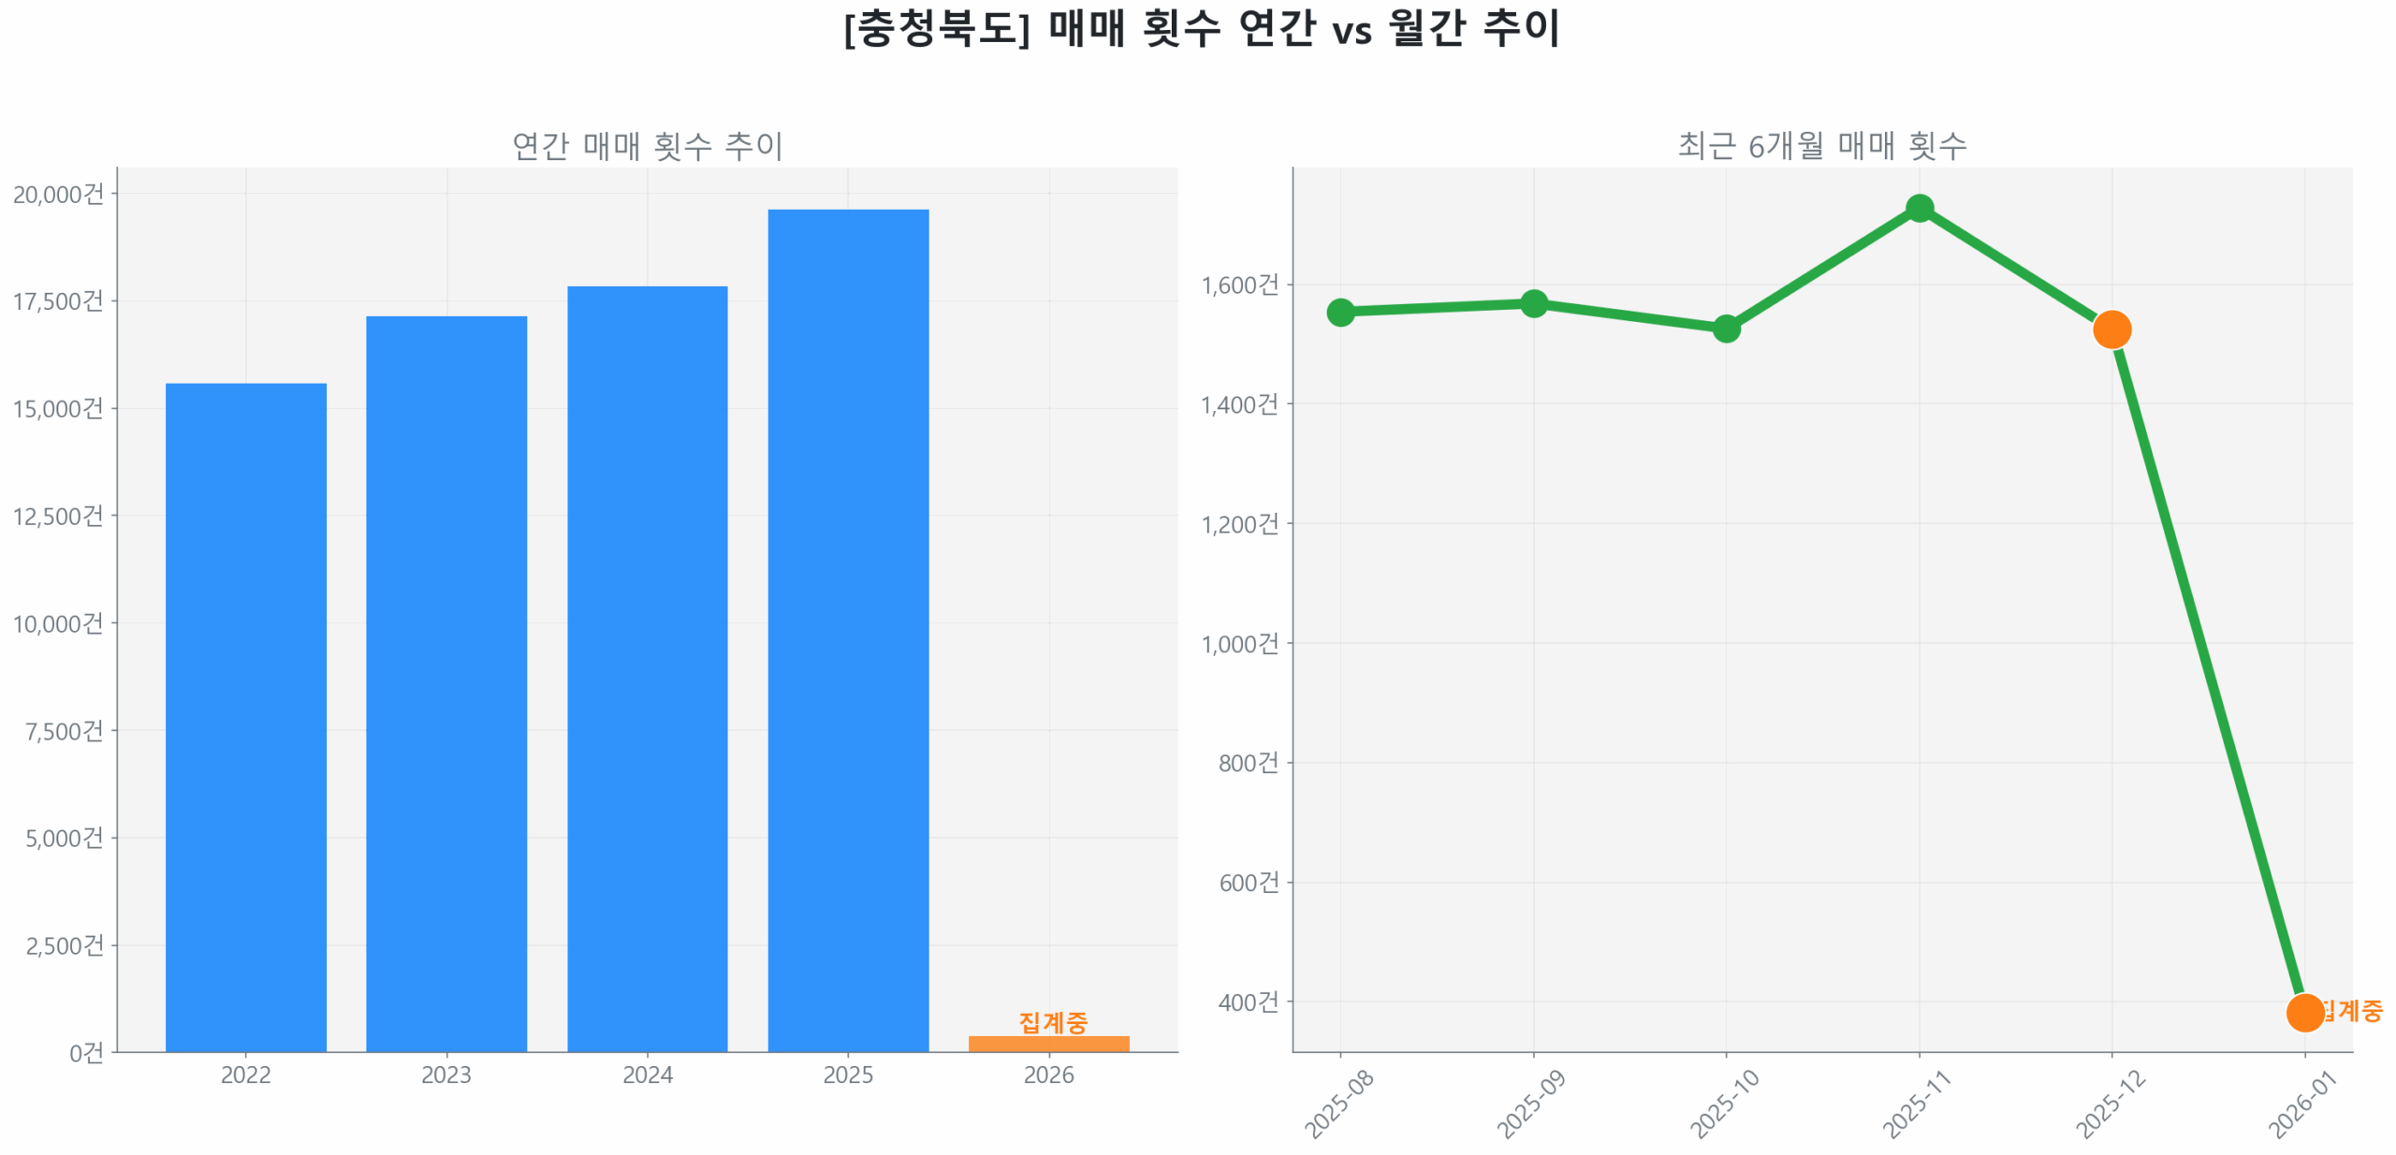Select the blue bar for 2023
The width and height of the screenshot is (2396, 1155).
[x=446, y=683]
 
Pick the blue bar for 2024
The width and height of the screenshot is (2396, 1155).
[x=647, y=668]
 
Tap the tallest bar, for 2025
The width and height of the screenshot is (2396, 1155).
[x=847, y=630]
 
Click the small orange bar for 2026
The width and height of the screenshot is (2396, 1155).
[x=1048, y=1043]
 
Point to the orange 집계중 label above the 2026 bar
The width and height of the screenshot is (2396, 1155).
[x=1052, y=1021]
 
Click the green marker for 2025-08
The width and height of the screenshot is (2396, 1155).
[x=1340, y=312]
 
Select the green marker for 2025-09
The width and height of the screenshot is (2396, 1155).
[x=1533, y=303]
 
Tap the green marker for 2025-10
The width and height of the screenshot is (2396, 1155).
[x=1726, y=329]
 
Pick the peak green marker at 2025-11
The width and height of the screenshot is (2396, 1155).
[x=1919, y=208]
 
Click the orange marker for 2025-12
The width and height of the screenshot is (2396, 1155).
[x=2111, y=329]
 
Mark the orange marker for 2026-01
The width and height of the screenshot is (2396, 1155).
[x=2304, y=1012]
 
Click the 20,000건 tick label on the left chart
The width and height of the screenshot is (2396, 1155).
[x=58, y=194]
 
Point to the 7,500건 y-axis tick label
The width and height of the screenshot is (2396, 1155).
[x=64, y=730]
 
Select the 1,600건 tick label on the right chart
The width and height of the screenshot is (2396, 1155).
[x=1239, y=285]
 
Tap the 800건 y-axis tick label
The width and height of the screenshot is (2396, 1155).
[x=1248, y=763]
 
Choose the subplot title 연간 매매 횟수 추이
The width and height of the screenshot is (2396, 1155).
[x=647, y=145]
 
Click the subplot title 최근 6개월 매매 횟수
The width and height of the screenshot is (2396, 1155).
[x=1821, y=145]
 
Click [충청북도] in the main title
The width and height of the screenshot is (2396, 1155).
[x=936, y=28]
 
